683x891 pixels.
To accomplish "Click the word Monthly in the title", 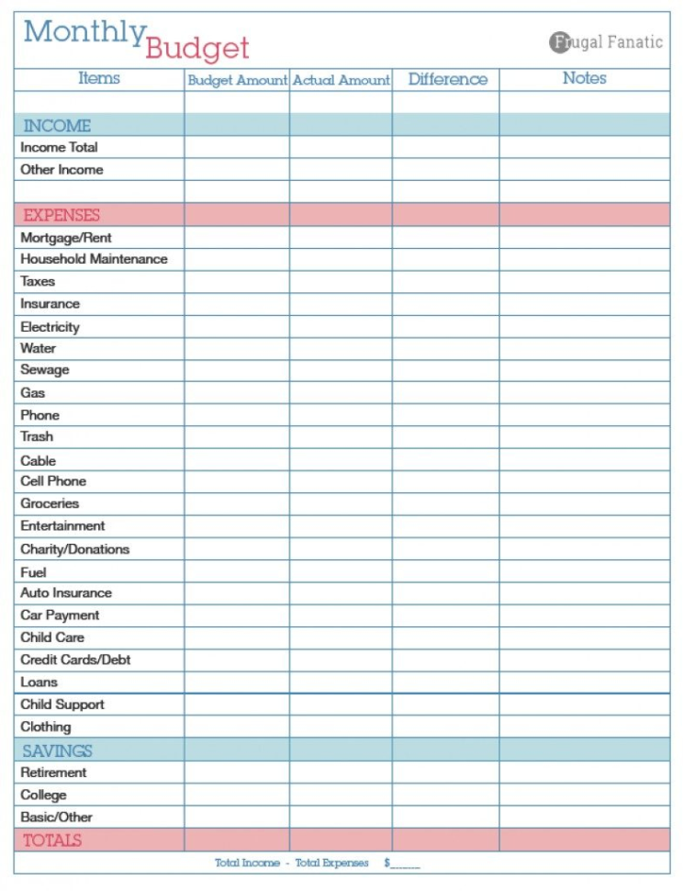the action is [84, 33].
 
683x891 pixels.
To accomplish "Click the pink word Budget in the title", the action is [196, 48].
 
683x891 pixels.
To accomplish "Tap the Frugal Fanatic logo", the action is [606, 42].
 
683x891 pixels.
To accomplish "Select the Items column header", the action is [99, 79].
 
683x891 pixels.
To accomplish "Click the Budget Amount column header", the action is [237, 80].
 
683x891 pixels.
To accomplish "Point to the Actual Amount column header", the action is [341, 80].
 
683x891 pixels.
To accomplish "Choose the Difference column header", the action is [447, 79].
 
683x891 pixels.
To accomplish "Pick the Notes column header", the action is [584, 79].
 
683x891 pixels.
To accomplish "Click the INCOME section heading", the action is [57, 126].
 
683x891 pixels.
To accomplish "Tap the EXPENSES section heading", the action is [62, 215].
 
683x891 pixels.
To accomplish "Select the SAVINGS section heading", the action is [57, 750].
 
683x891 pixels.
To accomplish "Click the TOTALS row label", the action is [51, 840].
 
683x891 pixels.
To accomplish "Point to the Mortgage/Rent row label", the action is [66, 238].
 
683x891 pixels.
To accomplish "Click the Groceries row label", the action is [50, 503].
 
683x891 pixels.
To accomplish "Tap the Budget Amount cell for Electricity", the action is [237, 327].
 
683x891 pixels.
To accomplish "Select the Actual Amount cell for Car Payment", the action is [341, 615].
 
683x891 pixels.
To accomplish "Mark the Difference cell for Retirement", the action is [446, 773].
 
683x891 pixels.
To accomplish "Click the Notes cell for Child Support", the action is [584, 705].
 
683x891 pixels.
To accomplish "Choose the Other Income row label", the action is [62, 170].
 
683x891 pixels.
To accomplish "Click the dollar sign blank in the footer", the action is [402, 863].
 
